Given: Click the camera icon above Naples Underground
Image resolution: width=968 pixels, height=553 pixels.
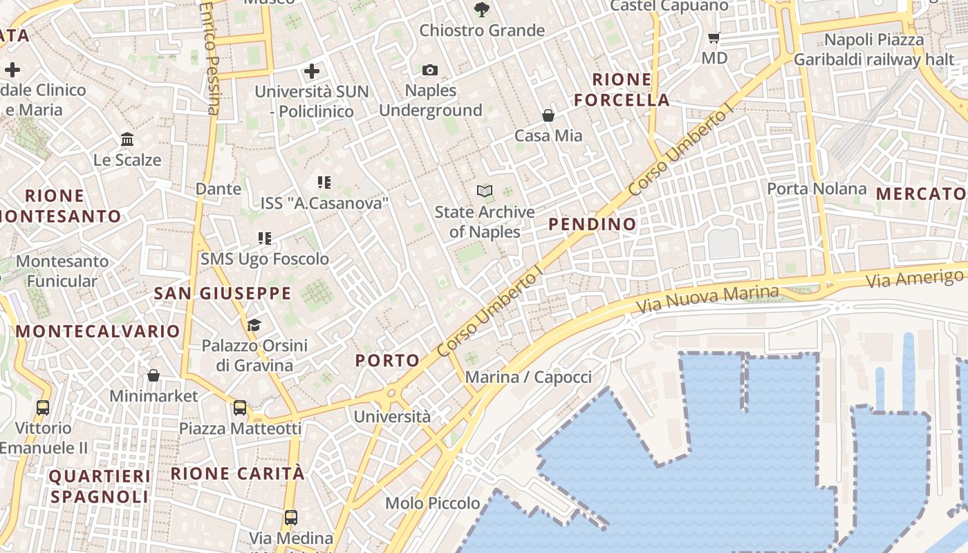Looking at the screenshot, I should tap(429, 70).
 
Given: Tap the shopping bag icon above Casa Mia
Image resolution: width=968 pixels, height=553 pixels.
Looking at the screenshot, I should tap(548, 115).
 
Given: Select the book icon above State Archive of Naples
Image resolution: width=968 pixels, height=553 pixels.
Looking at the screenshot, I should tap(485, 191).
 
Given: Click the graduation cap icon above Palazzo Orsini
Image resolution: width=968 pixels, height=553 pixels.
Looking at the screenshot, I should tap(254, 325).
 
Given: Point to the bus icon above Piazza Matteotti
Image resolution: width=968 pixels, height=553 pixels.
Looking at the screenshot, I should tap(240, 408).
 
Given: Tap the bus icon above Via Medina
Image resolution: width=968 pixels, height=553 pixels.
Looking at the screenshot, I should tap(291, 517).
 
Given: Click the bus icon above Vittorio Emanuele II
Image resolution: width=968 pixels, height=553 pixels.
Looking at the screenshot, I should tap(43, 408).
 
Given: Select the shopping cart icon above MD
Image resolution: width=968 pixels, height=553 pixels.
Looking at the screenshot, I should tap(714, 37).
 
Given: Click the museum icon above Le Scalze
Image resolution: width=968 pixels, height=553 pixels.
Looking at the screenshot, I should tap(127, 140).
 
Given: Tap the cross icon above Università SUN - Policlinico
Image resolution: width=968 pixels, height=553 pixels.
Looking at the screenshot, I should tap(312, 71).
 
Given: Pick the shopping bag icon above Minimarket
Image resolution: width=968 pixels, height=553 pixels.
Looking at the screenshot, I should tap(153, 375).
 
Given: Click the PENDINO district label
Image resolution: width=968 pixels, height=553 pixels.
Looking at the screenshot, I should tap(592, 224).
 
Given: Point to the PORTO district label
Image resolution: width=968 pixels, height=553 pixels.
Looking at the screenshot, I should tap(387, 360).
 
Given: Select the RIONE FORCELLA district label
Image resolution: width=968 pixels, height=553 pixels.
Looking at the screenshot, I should tap(622, 90).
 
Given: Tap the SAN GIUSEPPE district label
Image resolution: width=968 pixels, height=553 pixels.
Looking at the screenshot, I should tap(223, 294).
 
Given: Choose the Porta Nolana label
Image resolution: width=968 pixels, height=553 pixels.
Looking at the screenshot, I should tap(817, 189).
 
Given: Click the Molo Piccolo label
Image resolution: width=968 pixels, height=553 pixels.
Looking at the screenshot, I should tap(433, 503).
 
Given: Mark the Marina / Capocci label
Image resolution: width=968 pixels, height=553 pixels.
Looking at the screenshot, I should tap(528, 377).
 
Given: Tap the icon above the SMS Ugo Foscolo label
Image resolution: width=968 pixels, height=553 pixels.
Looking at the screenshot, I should tap(264, 238).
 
